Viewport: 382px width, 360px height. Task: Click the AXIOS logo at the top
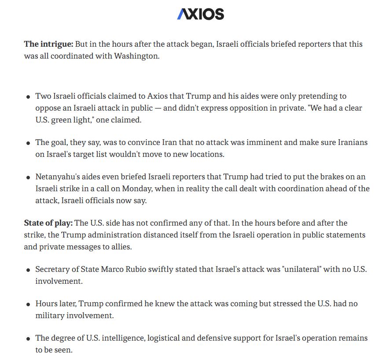(200, 14)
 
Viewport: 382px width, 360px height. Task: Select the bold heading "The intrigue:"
(48, 44)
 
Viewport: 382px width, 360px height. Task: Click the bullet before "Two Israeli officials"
(28, 97)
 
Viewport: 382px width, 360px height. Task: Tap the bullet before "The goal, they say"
(28, 143)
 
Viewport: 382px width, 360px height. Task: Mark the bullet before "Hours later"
(28, 304)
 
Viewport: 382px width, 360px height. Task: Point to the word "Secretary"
(51, 269)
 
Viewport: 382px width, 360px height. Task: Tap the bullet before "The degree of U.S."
(28, 339)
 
